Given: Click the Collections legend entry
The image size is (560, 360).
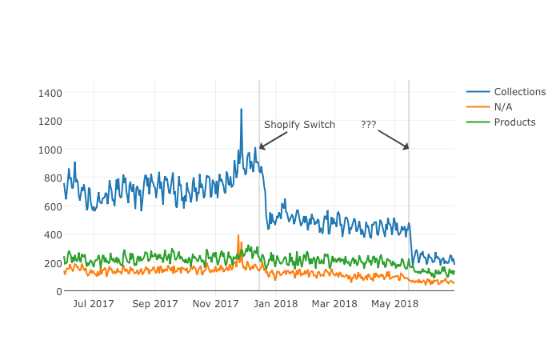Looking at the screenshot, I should click(x=519, y=92).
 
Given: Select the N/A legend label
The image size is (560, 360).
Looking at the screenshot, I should click(x=503, y=107).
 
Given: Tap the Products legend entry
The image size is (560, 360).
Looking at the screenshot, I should click(x=514, y=122).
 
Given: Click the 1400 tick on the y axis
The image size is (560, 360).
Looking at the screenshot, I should click(x=50, y=93).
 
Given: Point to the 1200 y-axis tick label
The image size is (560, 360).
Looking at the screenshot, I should click(x=50, y=121).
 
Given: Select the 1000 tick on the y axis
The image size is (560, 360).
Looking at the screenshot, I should click(x=50, y=150).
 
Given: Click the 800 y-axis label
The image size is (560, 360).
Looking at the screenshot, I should click(x=53, y=178).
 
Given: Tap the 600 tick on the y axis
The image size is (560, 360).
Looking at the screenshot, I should click(x=53, y=206).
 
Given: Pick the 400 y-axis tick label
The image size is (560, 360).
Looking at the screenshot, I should click(x=53, y=234).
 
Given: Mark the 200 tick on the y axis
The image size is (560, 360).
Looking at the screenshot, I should click(x=53, y=263).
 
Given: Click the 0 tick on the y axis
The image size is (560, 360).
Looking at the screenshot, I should click(x=58, y=291).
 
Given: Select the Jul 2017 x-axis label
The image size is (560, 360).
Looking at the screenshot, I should click(x=94, y=304).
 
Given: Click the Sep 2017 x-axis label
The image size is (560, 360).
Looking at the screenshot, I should click(x=155, y=304).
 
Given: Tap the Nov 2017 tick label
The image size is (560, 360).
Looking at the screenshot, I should click(x=217, y=304).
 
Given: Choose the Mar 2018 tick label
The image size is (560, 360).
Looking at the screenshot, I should click(x=334, y=304).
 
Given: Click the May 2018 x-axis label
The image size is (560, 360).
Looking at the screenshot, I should click(x=395, y=304).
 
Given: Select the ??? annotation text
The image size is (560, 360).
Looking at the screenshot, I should click(x=368, y=125).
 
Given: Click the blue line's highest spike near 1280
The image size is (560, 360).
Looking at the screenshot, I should click(x=241, y=110).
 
